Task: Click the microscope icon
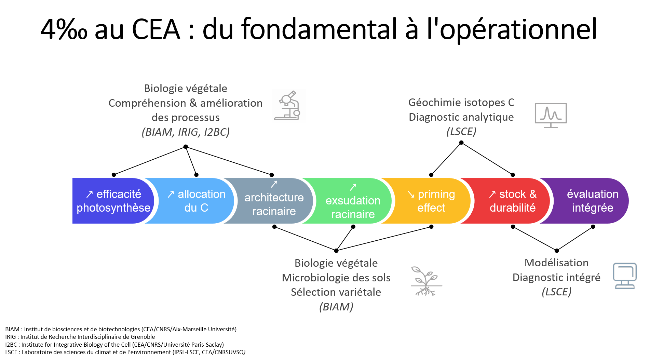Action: tap(288, 106)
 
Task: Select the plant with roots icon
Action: tap(426, 281)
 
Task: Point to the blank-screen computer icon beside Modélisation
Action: tap(625, 276)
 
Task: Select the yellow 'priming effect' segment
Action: tap(431, 201)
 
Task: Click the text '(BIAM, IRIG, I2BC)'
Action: tap(186, 132)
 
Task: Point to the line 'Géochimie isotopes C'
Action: tap(461, 102)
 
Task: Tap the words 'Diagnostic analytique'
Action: tap(461, 117)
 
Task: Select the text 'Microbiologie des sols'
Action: tap(336, 278)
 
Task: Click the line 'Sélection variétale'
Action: tap(336, 292)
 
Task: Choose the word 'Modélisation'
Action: tap(556, 263)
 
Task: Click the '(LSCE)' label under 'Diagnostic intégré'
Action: tap(556, 292)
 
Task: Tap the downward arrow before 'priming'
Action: tap(411, 195)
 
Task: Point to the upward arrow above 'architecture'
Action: tap(274, 184)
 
